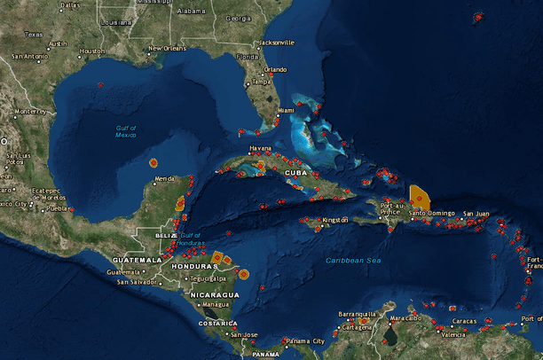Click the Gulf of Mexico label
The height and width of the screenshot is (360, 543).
point(126,132)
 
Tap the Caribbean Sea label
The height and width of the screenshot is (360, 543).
point(352,260)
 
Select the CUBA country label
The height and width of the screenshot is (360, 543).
point(296,173)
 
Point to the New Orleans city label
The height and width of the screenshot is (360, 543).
point(168,48)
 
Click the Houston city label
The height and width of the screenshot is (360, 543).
point(91,51)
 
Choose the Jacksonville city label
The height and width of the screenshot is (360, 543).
point(276,42)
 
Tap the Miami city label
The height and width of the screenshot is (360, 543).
point(286,110)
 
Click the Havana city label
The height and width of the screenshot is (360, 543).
point(260,148)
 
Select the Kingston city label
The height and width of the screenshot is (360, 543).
point(335,219)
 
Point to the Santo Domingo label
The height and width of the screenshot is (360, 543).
point(431,213)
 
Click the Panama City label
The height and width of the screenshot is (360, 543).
point(305,340)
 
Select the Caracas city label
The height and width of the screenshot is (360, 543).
point(464,321)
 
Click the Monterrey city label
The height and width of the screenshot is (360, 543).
point(29,111)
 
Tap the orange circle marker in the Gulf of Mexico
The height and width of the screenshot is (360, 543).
point(153,163)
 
